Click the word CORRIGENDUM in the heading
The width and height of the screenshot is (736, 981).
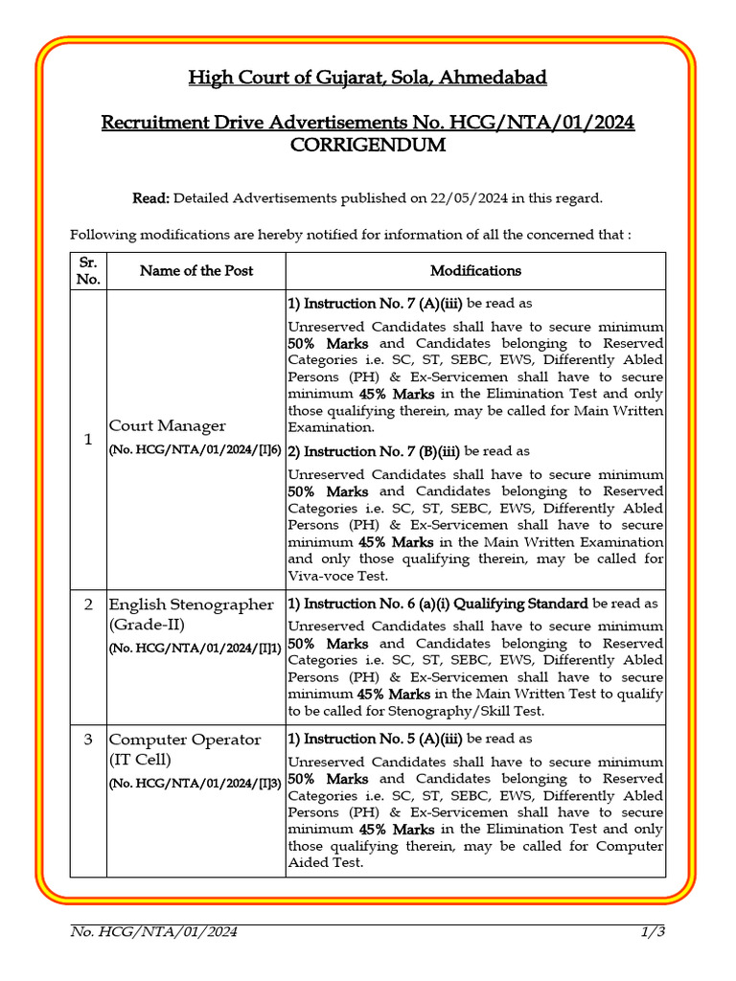(x=368, y=147)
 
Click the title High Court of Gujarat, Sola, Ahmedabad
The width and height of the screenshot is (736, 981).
(x=368, y=78)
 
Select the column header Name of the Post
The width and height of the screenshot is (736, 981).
(x=196, y=271)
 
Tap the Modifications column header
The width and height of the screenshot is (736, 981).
(x=475, y=271)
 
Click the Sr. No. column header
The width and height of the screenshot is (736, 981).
(x=88, y=271)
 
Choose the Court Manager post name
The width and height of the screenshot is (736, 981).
(x=168, y=425)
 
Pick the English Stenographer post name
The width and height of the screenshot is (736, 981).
(x=191, y=605)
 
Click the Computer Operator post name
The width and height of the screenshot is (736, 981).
(x=184, y=740)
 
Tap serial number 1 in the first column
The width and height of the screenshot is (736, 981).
(x=88, y=439)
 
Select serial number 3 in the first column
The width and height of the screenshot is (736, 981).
(x=88, y=740)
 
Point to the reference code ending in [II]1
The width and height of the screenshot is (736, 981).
(x=195, y=649)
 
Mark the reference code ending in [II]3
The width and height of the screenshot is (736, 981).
(x=195, y=784)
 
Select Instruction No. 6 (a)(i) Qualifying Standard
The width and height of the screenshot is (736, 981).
(x=438, y=604)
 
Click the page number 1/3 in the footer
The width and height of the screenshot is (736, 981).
(x=653, y=931)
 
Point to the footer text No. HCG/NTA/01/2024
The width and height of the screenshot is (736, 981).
(x=154, y=931)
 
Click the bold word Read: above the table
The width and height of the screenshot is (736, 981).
(x=150, y=198)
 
